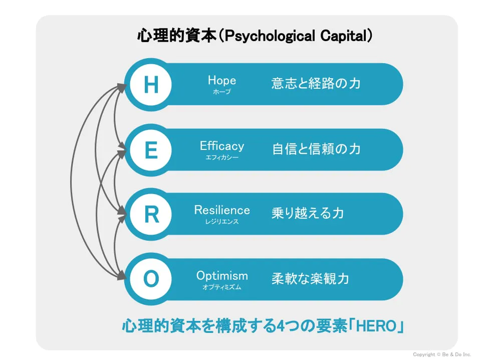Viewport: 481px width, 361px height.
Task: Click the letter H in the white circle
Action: [x=151, y=84]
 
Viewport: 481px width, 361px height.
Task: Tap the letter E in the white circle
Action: [x=151, y=150]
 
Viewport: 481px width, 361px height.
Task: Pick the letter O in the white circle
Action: [x=151, y=279]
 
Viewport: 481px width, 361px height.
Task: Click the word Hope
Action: [x=222, y=80]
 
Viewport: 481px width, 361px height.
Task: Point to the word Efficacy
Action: [x=222, y=146]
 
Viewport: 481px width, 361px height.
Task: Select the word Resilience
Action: [x=222, y=210]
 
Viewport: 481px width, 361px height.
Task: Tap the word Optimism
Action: [x=222, y=276]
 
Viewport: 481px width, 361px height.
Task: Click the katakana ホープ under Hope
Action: [x=222, y=91]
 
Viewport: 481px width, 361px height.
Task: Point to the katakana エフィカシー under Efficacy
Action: [x=222, y=157]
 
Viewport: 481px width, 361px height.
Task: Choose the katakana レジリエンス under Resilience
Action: [x=222, y=221]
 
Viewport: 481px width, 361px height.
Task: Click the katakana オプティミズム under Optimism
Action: [x=222, y=287]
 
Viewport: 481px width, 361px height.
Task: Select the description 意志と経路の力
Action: [x=316, y=84]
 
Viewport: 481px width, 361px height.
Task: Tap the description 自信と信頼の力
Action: [x=316, y=149]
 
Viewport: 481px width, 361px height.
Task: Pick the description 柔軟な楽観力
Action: [x=310, y=279]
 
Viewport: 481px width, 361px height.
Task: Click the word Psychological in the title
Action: [x=270, y=36]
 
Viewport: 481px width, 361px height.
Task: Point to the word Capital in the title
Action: [x=344, y=36]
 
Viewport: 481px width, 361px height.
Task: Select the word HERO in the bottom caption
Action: [x=376, y=326]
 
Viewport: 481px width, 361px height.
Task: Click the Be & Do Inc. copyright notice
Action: [x=442, y=354]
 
